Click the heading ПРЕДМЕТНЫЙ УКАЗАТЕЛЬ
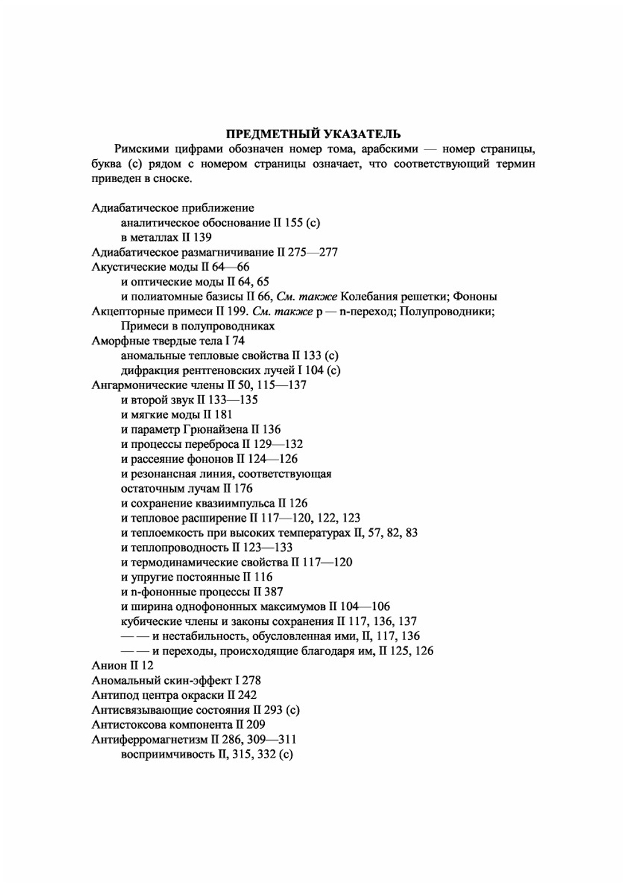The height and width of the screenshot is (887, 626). click(x=313, y=134)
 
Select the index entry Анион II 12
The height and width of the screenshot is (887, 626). click(x=122, y=666)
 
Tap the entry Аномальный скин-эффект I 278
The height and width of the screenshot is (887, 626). click(x=176, y=681)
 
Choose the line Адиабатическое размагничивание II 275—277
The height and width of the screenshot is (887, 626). click(x=215, y=252)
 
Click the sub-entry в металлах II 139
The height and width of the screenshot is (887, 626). click(x=166, y=238)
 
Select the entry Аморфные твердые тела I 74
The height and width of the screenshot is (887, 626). click(x=168, y=341)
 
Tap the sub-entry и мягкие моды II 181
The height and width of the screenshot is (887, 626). click(x=177, y=415)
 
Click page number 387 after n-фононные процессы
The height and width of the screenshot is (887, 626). click(x=274, y=592)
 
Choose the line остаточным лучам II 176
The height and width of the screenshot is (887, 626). click(x=187, y=489)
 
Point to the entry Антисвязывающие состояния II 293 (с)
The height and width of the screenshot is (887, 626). click(x=195, y=710)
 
